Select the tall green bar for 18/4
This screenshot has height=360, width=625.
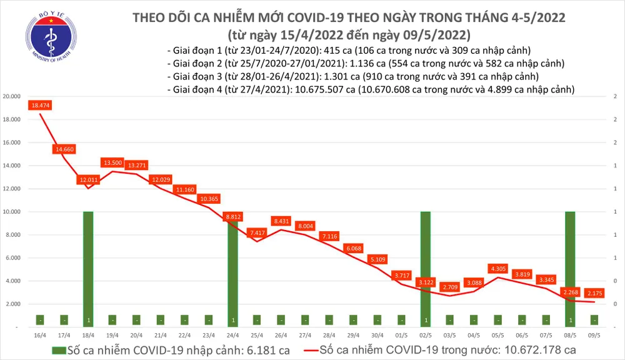[88, 262]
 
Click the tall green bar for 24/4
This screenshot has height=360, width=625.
[232, 262]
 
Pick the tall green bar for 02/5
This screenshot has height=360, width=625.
[426, 262]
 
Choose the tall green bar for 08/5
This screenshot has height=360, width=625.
[570, 262]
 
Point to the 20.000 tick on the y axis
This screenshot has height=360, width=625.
[12, 96]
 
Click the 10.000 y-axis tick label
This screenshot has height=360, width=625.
[12, 212]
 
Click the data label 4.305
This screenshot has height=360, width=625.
[497, 269]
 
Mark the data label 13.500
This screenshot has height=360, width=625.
[112, 162]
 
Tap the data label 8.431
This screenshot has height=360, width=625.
[281, 221]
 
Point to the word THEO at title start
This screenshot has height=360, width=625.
[152, 17]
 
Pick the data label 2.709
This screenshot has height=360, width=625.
[449, 287]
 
